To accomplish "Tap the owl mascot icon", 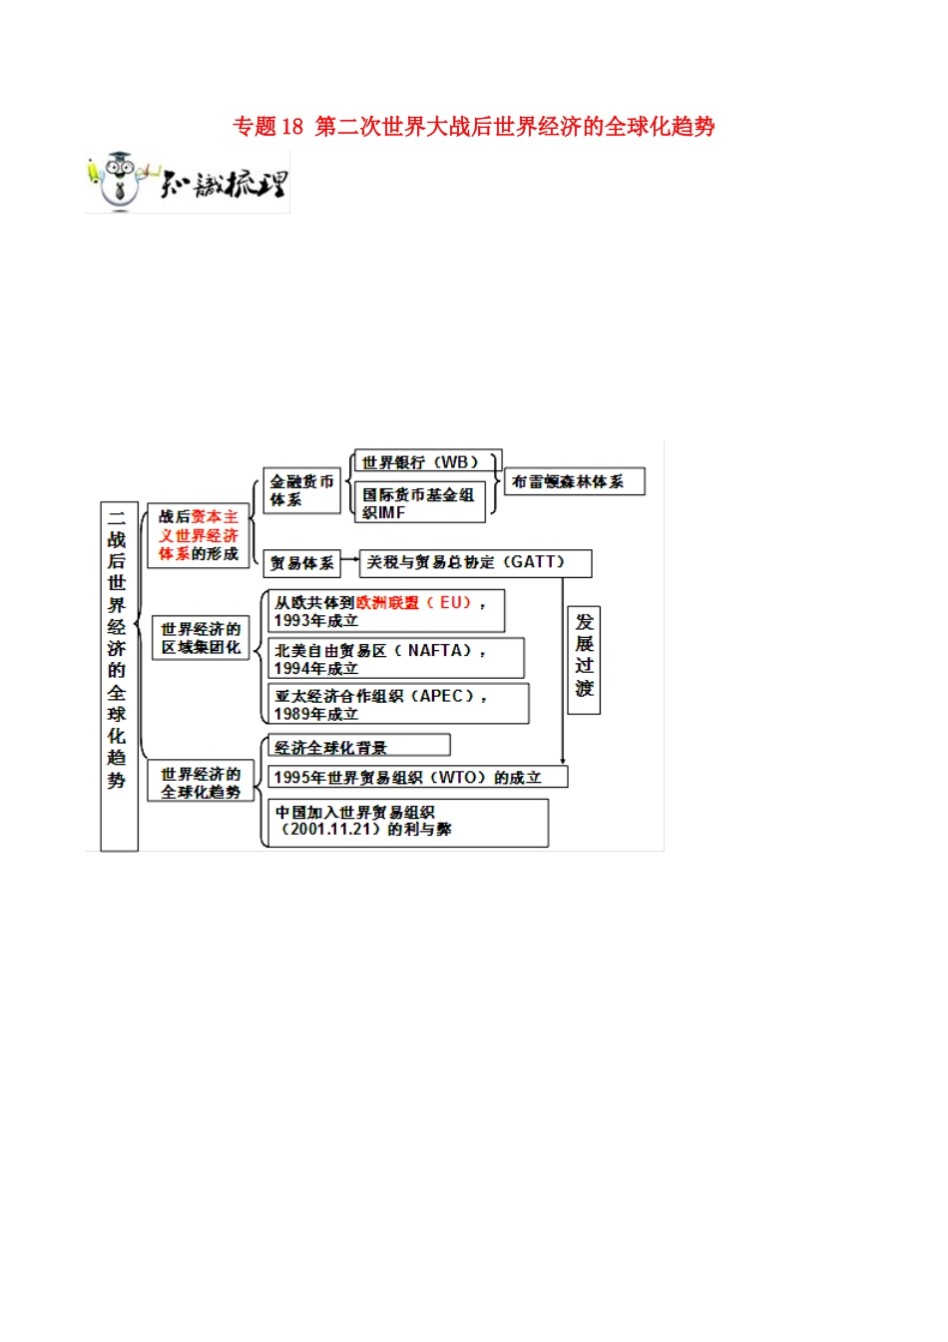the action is [120, 181].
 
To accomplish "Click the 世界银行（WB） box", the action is [425, 462].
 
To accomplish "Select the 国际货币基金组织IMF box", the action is [419, 502].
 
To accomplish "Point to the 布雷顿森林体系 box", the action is [574, 482].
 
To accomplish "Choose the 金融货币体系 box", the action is [301, 490].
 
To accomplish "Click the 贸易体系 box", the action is [300, 563].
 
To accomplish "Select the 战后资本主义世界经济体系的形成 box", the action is [198, 535].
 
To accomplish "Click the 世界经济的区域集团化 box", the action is [200, 638].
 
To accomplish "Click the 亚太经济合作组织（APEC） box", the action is [399, 704].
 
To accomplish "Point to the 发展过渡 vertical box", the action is [584, 658].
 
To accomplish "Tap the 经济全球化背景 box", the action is [358, 747].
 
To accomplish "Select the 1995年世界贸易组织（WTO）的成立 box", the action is [417, 777].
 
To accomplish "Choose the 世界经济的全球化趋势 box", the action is [200, 783].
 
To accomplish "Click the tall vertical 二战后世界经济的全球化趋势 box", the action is [118, 675].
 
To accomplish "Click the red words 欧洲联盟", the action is [387, 603].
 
